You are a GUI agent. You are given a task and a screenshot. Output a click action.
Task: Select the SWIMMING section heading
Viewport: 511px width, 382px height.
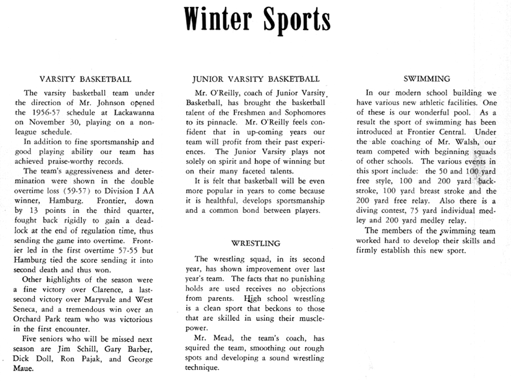[x=426, y=78]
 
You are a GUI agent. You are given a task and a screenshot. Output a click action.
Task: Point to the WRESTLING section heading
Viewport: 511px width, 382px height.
[x=256, y=243]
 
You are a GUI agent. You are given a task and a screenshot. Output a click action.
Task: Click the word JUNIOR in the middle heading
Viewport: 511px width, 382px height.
[x=207, y=79]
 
